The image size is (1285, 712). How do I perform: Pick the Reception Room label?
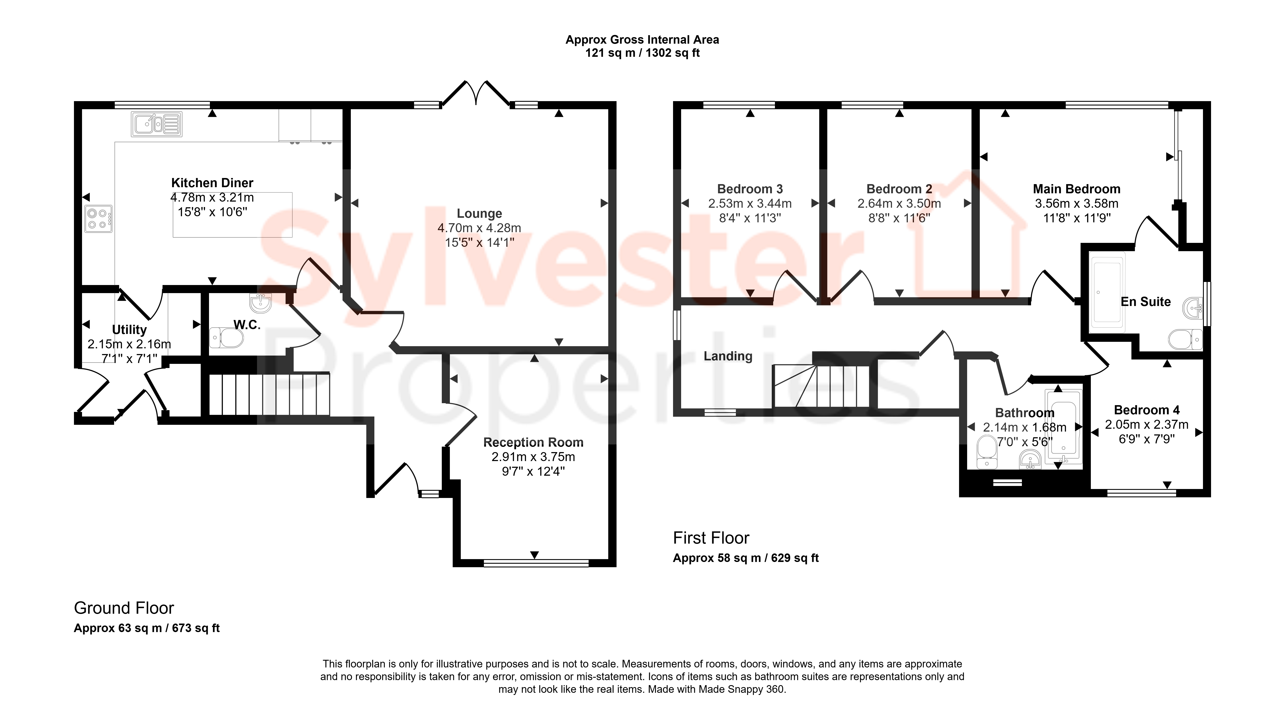tap(533, 442)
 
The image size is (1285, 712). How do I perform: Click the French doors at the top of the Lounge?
tap(476, 93)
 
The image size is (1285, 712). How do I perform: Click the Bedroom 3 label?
tap(750, 189)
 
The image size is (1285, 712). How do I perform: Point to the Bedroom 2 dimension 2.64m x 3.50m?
tap(899, 204)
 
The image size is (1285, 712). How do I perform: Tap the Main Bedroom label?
tap(1076, 189)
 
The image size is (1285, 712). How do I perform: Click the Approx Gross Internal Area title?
tap(642, 40)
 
